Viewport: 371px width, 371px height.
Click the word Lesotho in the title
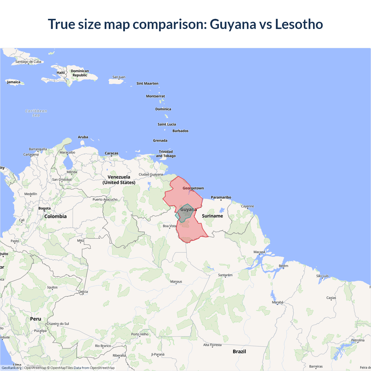pyautogui.click(x=299, y=24)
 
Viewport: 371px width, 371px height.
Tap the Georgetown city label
pyautogui.click(x=193, y=188)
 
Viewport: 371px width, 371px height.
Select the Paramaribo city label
pyautogui.click(x=221, y=197)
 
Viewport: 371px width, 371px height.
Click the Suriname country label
pyautogui.click(x=212, y=216)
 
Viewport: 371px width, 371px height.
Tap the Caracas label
pyautogui.click(x=112, y=153)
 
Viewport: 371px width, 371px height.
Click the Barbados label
pyautogui.click(x=180, y=131)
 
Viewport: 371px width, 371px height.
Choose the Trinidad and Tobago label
pyautogui.click(x=166, y=154)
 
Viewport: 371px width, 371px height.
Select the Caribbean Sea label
pyautogui.click(x=36, y=113)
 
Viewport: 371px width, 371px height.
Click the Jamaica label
pyautogui.click(x=14, y=82)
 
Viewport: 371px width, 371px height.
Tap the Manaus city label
pyautogui.click(x=176, y=281)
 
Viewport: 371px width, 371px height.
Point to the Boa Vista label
pyautogui.click(x=170, y=226)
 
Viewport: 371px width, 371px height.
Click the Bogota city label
pyautogui.click(x=45, y=208)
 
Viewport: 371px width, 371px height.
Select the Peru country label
pyautogui.click(x=36, y=319)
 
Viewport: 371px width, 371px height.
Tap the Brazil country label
pyautogui.click(x=239, y=351)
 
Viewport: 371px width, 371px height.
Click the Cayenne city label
pyautogui.click(x=248, y=206)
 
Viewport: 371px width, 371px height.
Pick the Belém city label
pyautogui.click(x=283, y=266)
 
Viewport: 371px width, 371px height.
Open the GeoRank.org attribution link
pyautogui.click(x=12, y=368)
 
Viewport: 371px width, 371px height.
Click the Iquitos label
pyautogui.click(x=52, y=287)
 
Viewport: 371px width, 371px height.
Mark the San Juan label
pyautogui.click(x=119, y=77)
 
